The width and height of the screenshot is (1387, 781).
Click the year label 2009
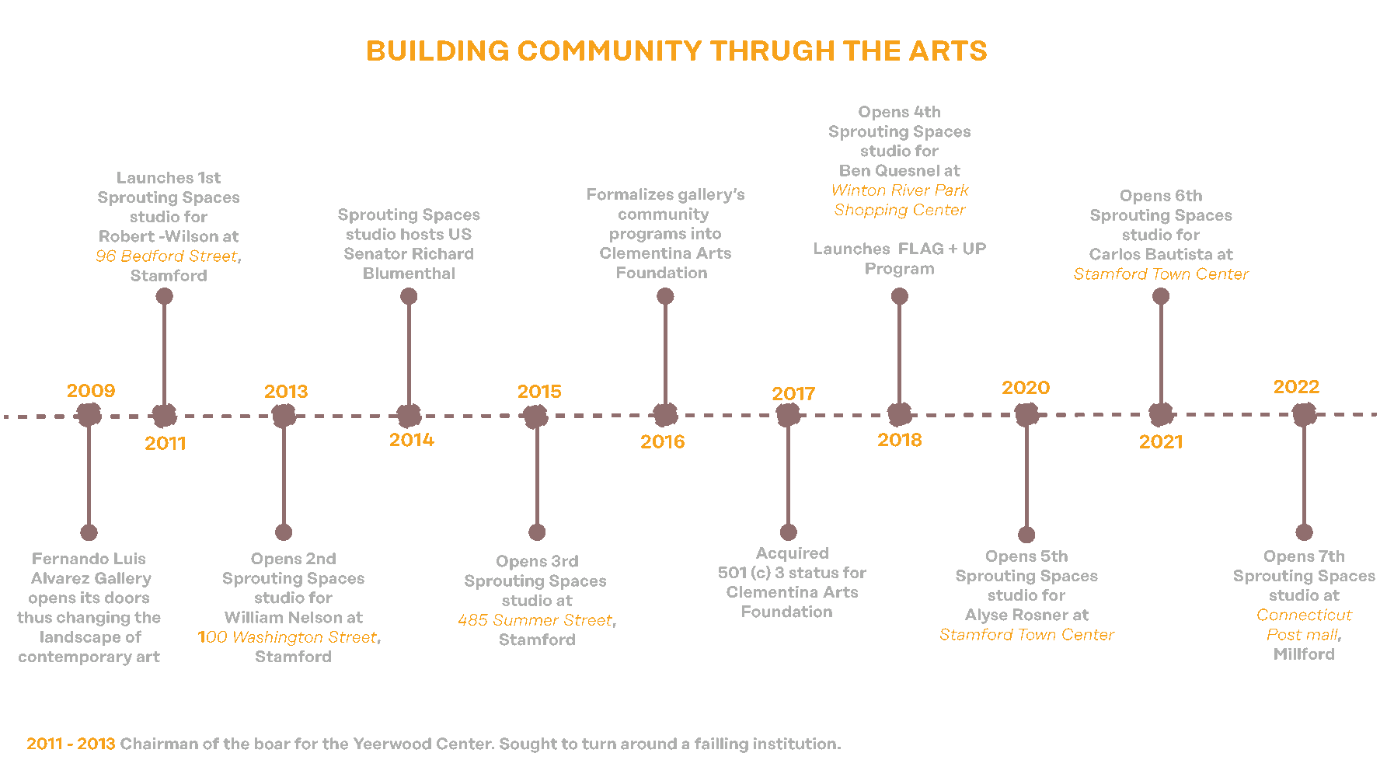(91, 391)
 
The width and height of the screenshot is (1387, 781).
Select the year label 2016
(662, 442)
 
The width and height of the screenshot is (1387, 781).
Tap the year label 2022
(1296, 387)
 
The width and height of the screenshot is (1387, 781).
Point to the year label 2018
(899, 440)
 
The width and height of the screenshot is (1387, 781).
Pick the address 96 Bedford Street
(166, 256)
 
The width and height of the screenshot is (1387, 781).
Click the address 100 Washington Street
(288, 637)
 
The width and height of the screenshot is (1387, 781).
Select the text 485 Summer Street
(535, 620)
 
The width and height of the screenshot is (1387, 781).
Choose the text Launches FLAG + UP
(899, 249)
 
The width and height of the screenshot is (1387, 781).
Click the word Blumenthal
(409, 274)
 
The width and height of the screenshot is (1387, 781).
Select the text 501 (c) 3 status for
(792, 573)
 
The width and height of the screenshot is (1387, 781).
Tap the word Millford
(1304, 654)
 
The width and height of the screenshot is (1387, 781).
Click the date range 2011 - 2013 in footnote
(71, 744)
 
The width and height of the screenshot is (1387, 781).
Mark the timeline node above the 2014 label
(409, 416)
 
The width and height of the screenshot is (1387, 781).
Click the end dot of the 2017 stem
(789, 532)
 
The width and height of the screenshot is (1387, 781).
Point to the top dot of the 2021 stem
(1161, 296)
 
